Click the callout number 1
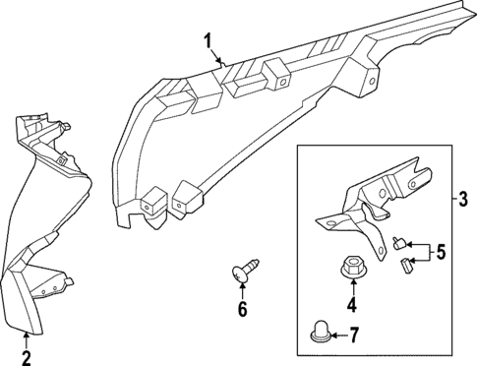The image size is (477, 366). tap(209, 40)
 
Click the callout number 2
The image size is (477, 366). tap(27, 356)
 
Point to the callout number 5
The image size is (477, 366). tap(442, 253)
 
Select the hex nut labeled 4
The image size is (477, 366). tap(351, 266)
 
